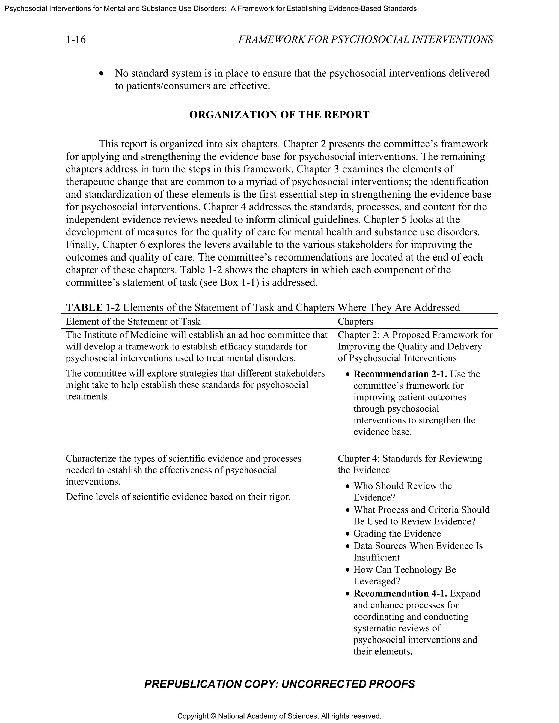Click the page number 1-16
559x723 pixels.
pyautogui.click(x=76, y=40)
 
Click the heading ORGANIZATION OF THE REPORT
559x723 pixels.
pyautogui.click(x=279, y=115)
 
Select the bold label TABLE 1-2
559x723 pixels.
pyautogui.click(x=93, y=307)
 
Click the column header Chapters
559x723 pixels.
pyautogui.click(x=355, y=321)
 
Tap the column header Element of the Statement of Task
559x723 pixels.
pyautogui.click(x=133, y=321)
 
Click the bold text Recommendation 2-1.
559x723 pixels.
pyautogui.click(x=400, y=374)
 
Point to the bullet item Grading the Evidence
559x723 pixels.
pyautogui.click(x=397, y=533)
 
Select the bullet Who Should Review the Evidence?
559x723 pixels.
pyautogui.click(x=402, y=486)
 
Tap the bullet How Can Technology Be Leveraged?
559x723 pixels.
pyautogui.click(x=404, y=569)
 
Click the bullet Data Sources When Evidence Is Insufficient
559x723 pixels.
pyautogui.click(x=418, y=546)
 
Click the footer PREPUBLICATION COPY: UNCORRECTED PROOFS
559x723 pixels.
pyautogui.click(x=279, y=684)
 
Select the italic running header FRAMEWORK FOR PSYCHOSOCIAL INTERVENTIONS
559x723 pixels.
pyautogui.click(x=365, y=40)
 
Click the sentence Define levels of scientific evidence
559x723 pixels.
pyautogui.click(x=178, y=497)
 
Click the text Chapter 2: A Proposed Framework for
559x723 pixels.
pyautogui.click(x=415, y=335)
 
